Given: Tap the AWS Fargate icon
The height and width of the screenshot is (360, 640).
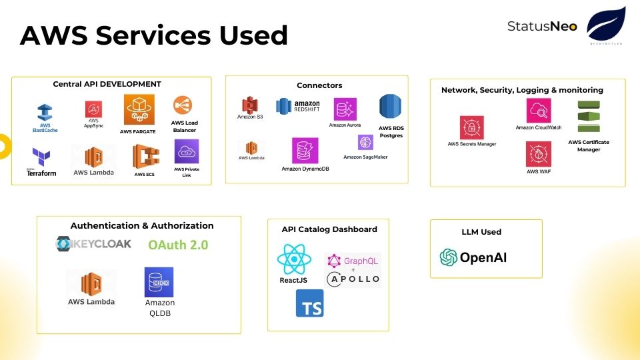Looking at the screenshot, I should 139,109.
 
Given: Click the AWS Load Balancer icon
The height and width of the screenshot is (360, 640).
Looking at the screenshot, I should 183,105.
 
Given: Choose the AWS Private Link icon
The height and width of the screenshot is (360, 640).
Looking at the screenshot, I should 187,151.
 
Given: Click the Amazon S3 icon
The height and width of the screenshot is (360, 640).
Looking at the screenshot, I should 250,105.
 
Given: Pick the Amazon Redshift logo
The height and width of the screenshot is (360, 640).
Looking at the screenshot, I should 298,107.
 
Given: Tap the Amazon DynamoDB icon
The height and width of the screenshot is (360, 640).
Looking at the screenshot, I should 305,151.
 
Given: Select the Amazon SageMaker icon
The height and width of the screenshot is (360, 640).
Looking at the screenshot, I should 365,142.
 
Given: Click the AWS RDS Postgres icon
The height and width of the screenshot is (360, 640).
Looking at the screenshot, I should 390,107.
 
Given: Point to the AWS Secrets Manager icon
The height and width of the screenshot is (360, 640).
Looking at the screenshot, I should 471,127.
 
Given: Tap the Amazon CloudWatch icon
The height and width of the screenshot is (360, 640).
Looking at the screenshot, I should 538,111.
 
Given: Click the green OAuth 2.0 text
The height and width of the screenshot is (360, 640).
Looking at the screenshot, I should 178,245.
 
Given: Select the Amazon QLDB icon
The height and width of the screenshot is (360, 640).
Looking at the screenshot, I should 159,282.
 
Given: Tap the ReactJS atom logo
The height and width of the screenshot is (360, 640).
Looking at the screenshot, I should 293,259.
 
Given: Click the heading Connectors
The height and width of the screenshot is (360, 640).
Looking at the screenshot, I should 319,85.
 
